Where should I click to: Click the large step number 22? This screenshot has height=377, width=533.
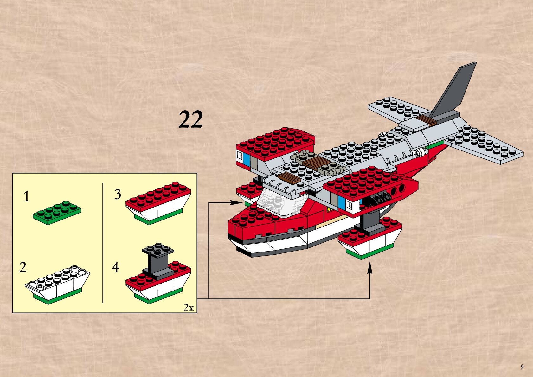tap(190, 119)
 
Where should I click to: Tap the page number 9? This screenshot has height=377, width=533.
tap(522, 367)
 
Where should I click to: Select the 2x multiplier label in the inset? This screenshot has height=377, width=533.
tap(189, 307)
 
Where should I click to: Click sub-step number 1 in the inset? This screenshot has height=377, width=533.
tap(27, 197)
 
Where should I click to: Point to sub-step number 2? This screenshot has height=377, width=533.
tap(22, 267)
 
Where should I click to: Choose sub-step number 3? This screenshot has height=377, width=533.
tap(118, 194)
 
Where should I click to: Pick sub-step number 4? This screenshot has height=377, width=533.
tap(116, 267)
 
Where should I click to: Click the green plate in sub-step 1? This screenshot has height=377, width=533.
tap(57, 213)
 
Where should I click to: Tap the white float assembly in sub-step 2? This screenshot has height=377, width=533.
tap(57, 284)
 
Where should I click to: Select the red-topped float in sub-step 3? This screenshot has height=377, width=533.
tap(158, 203)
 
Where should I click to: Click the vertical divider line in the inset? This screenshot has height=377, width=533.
tap(103, 242)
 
